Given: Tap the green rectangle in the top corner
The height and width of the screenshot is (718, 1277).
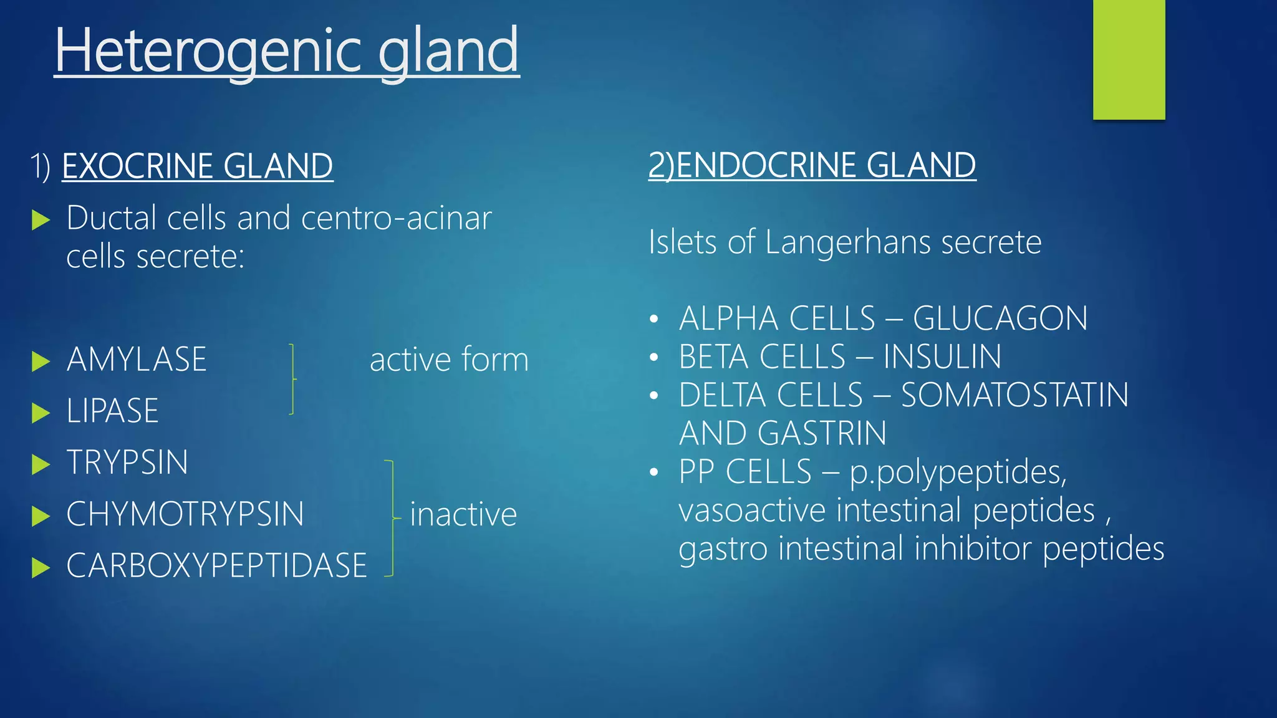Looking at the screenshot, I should pos(1129,59).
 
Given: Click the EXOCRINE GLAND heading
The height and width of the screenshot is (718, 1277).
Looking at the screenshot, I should pos(198,166).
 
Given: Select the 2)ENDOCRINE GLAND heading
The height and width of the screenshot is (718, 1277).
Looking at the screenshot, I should pos(812,166).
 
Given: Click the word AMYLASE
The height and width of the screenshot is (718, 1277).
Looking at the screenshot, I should pos(137,360).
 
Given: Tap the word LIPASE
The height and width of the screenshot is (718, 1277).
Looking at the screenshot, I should pos(113,411).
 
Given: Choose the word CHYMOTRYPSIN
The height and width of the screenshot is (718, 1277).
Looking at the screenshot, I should pos(185,515).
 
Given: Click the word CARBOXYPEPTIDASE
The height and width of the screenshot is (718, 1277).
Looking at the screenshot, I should pos(216,566).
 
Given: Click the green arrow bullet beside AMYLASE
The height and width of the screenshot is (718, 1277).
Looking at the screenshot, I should pos(41,361).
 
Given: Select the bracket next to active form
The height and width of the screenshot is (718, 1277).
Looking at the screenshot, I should pos(292,379).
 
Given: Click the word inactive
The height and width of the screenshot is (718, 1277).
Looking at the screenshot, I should pos(463,515).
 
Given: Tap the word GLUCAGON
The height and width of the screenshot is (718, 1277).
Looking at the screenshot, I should pos(1000,319).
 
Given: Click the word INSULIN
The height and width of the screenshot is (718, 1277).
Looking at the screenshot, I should pos(942,357).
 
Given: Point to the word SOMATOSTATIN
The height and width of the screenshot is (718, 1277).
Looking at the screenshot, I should pos(1014,396).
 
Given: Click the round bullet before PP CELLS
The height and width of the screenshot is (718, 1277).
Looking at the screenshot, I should pos(653,472).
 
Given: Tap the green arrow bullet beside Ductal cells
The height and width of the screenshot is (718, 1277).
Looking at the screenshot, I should pos(41,219).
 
